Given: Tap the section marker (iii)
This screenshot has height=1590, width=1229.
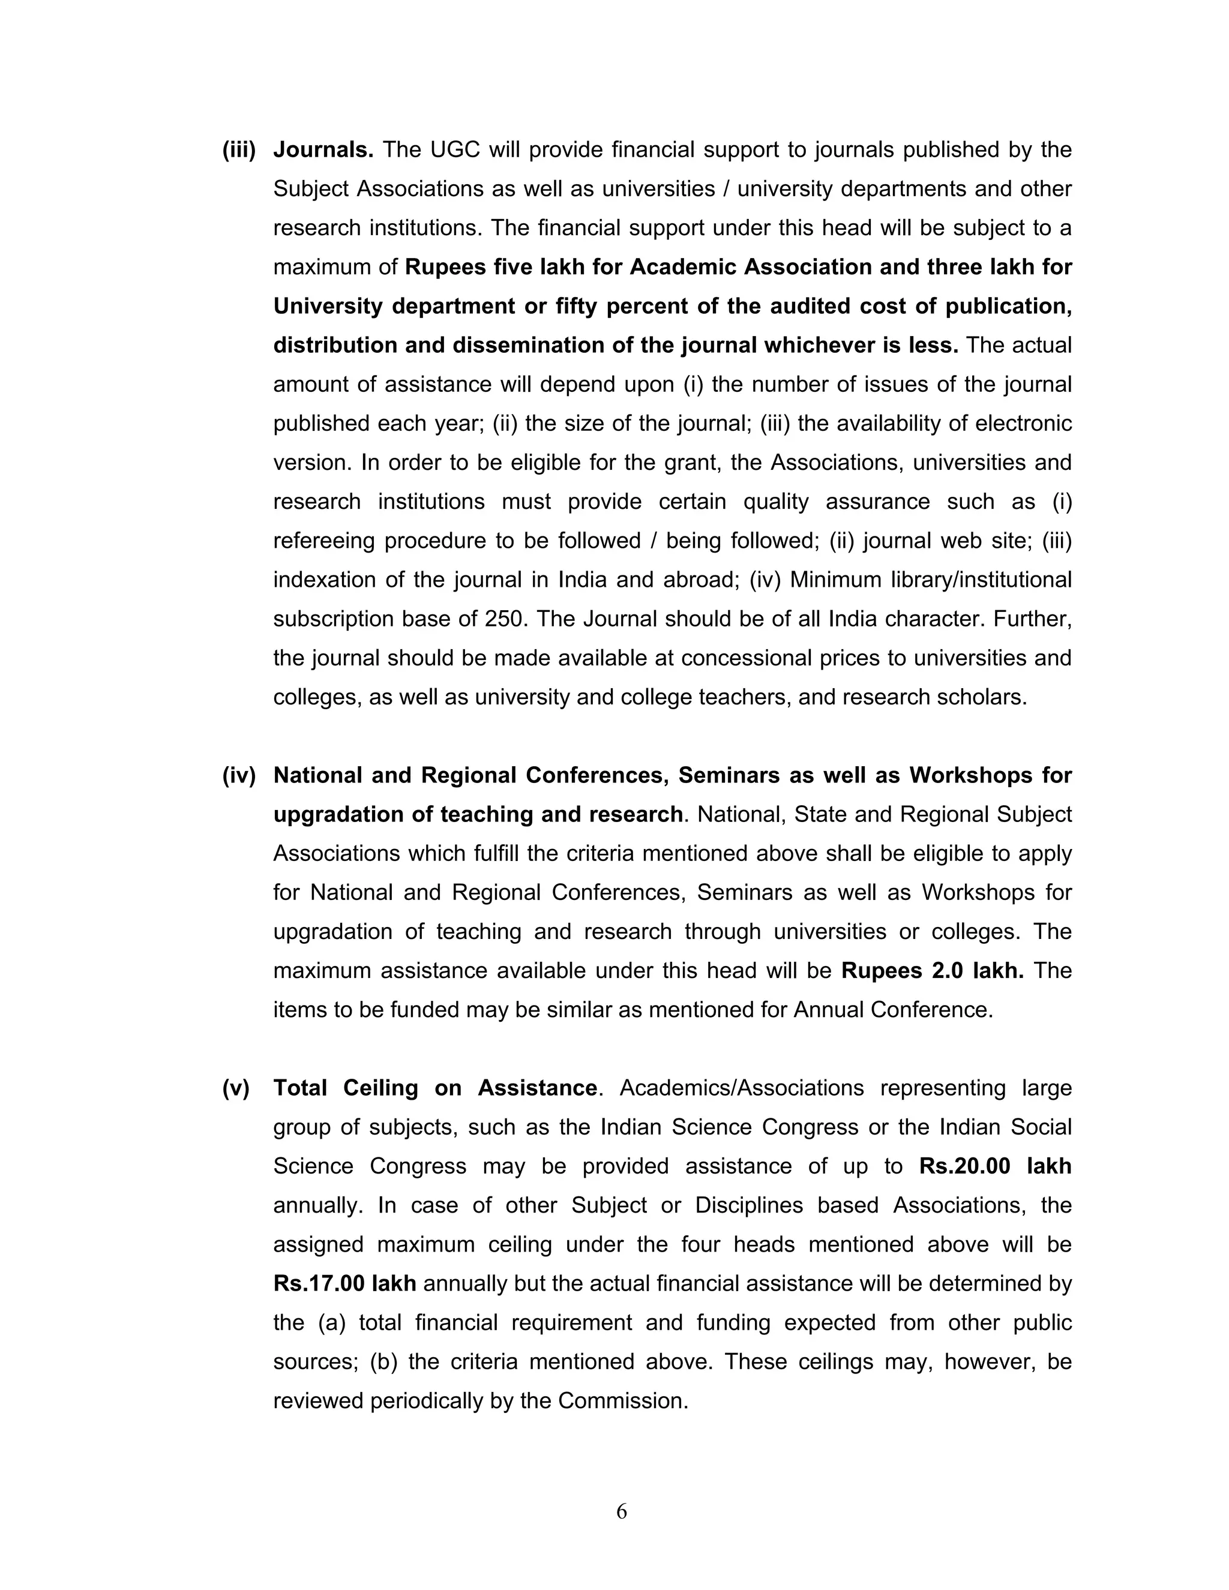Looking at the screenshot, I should (x=239, y=150).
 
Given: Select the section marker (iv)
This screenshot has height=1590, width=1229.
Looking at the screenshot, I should (x=239, y=775).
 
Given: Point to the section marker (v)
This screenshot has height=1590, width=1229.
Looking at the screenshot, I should (x=236, y=1088).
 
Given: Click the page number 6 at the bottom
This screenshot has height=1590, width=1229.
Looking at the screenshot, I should (x=621, y=1511).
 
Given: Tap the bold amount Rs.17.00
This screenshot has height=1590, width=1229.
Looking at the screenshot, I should (x=319, y=1283).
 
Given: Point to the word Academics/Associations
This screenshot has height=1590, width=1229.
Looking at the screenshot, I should (x=741, y=1088).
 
